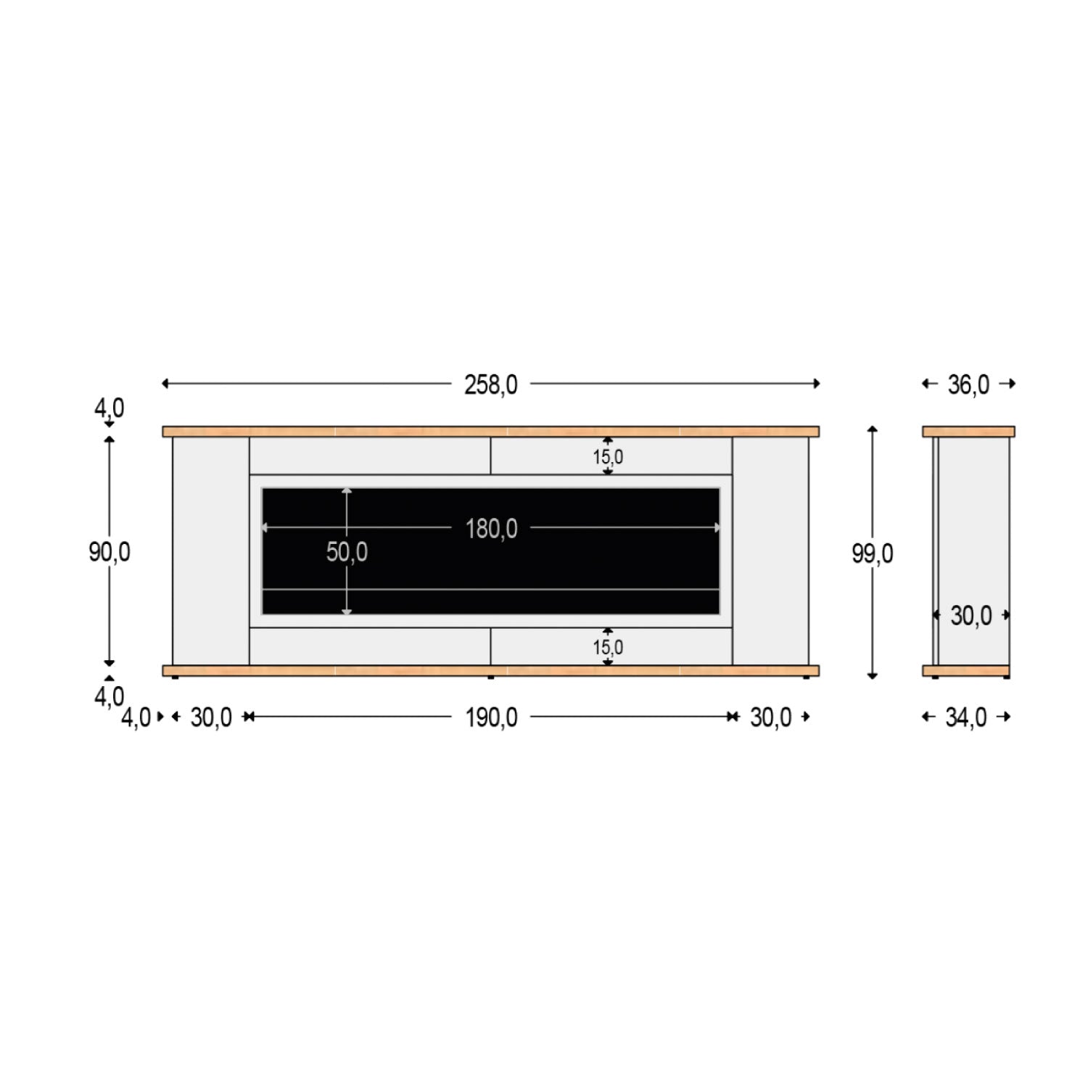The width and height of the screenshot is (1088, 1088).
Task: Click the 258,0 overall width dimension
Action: tap(491, 384)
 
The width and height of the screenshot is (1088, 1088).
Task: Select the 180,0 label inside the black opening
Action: tap(491, 529)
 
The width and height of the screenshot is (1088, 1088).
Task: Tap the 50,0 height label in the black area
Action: tap(347, 552)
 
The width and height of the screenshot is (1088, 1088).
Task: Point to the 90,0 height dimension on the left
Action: tap(110, 552)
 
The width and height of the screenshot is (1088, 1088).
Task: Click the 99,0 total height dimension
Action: tap(872, 553)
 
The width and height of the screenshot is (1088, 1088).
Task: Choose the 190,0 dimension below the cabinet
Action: tap(491, 717)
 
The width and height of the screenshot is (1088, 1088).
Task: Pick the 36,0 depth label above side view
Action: tap(968, 384)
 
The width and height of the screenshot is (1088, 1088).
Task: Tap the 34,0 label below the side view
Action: tap(966, 717)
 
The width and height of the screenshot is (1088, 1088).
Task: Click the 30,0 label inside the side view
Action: tap(971, 616)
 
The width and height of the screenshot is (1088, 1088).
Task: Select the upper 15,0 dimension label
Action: tap(608, 457)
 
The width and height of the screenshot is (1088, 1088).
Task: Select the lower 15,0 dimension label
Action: tap(608, 647)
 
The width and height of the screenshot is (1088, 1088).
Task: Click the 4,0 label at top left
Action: tap(109, 408)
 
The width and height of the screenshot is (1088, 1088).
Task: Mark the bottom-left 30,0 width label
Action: tap(211, 717)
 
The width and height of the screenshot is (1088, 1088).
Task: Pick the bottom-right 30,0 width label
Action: tap(770, 717)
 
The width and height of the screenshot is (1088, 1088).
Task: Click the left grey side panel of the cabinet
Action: tap(211, 551)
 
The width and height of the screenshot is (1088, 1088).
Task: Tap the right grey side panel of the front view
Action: tap(770, 551)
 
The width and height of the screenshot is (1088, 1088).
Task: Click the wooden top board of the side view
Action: tap(968, 432)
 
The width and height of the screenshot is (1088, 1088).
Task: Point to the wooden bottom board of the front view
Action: tap(491, 670)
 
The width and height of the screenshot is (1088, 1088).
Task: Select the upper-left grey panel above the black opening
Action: tap(370, 456)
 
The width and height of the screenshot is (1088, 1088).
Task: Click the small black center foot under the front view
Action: tap(491, 677)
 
